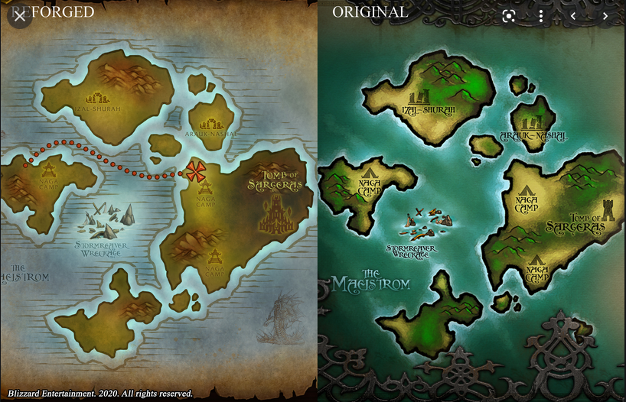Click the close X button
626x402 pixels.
(19, 15)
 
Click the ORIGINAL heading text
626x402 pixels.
(370, 12)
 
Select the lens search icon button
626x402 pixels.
(509, 15)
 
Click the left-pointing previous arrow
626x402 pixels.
(572, 15)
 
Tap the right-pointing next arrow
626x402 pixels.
(605, 15)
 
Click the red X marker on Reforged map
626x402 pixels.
(196, 170)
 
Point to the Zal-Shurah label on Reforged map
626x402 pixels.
(98, 109)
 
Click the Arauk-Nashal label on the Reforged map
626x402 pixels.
(210, 134)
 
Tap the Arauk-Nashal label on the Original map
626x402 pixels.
(533, 136)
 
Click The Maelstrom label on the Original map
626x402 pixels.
(371, 280)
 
